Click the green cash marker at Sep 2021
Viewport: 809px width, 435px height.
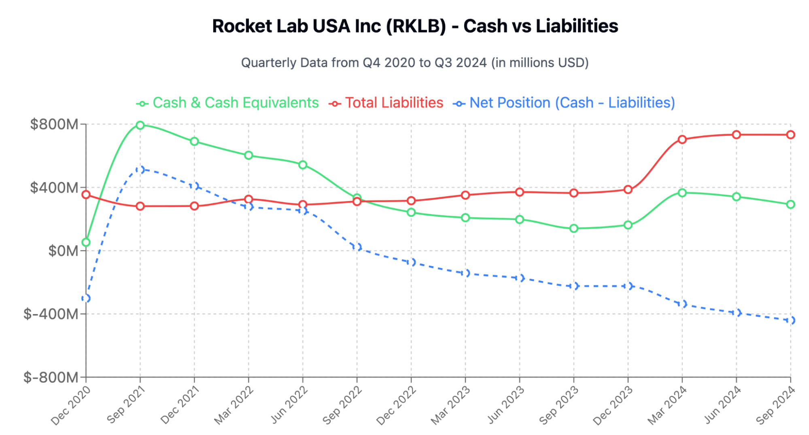[140, 125]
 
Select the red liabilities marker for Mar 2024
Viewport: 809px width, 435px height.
[682, 140]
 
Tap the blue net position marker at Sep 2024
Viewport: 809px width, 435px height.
[790, 320]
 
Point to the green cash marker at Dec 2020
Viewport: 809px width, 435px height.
[86, 242]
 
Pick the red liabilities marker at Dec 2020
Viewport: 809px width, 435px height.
[86, 195]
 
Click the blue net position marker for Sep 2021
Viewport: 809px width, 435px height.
[140, 169]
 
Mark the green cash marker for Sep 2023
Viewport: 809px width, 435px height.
[573, 229]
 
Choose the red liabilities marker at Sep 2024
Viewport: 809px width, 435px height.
[790, 135]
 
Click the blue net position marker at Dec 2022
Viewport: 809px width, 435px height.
[411, 262]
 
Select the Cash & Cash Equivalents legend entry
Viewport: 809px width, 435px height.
[228, 103]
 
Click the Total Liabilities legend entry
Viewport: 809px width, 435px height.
[386, 103]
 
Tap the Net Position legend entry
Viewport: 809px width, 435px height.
[564, 103]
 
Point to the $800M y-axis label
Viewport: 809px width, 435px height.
[54, 124]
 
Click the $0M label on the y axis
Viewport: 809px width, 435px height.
[63, 251]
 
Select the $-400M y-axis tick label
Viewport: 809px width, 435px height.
[51, 314]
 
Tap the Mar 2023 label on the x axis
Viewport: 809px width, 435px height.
[450, 405]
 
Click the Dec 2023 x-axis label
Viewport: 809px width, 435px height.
[613, 405]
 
